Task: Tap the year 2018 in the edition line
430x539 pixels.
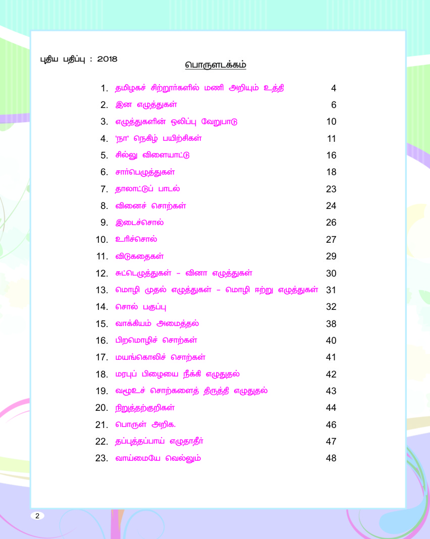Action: click(x=107, y=59)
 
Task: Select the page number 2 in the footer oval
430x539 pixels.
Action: click(x=37, y=515)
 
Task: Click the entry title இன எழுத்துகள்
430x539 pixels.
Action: click(x=146, y=105)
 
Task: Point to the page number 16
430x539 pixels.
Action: click(x=331, y=155)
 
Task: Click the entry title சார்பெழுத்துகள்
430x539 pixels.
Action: click(x=145, y=172)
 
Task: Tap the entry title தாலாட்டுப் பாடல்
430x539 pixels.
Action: click(x=147, y=189)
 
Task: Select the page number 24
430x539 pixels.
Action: click(x=331, y=206)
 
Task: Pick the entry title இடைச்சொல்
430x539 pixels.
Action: click(x=139, y=223)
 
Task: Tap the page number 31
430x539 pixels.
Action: click(x=331, y=290)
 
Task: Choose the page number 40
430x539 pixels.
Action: click(x=331, y=341)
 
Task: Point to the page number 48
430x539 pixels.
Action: click(x=331, y=459)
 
